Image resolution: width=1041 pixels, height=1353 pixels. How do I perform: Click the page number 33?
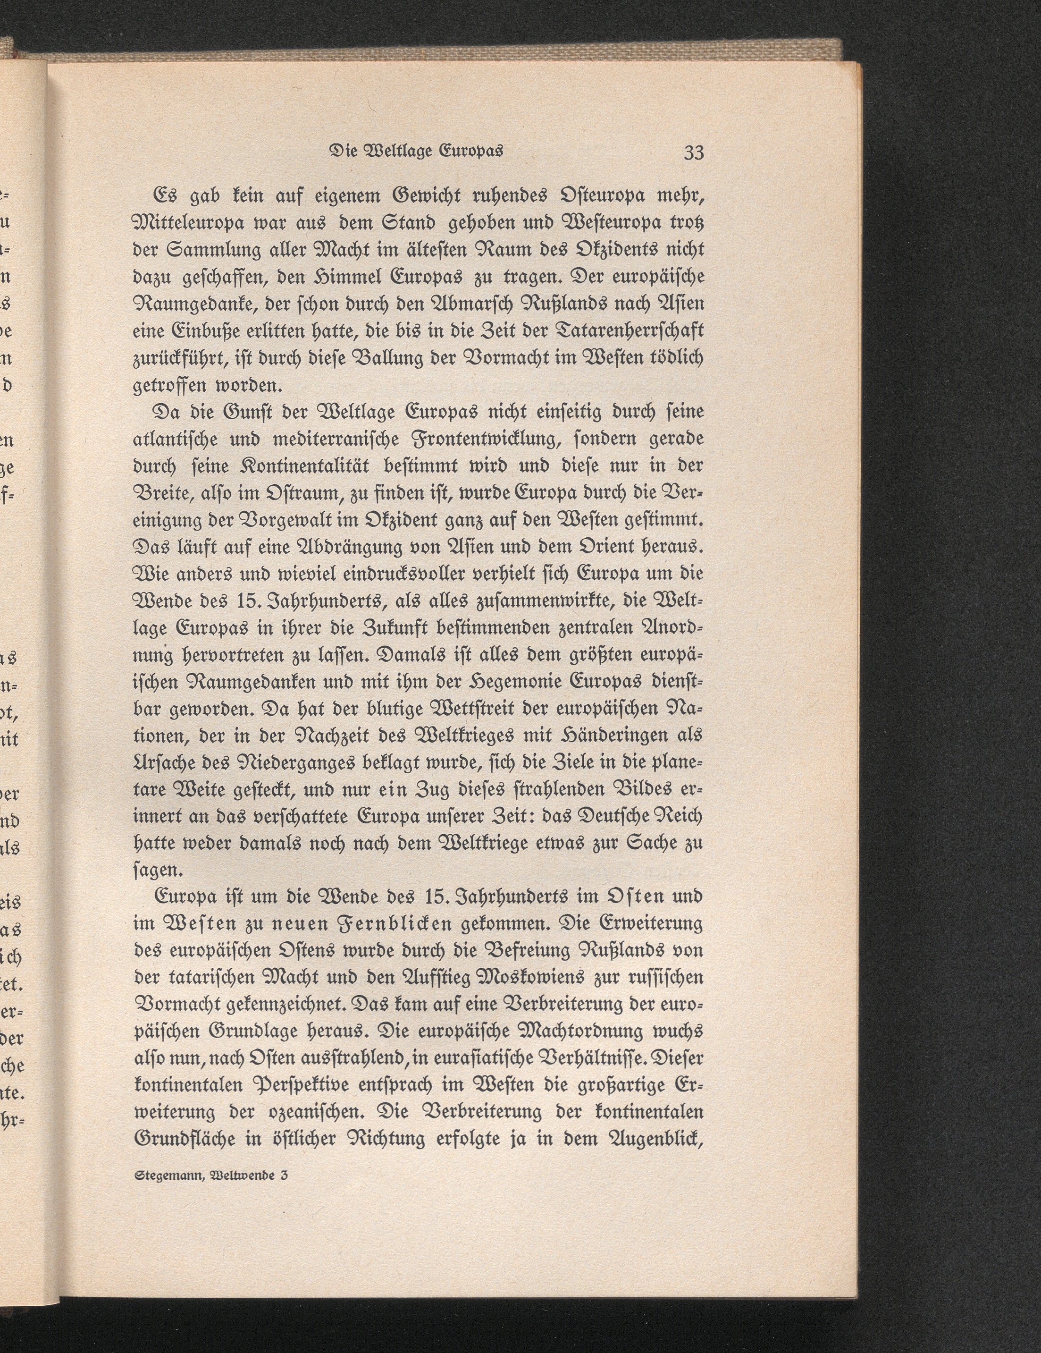point(694,152)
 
